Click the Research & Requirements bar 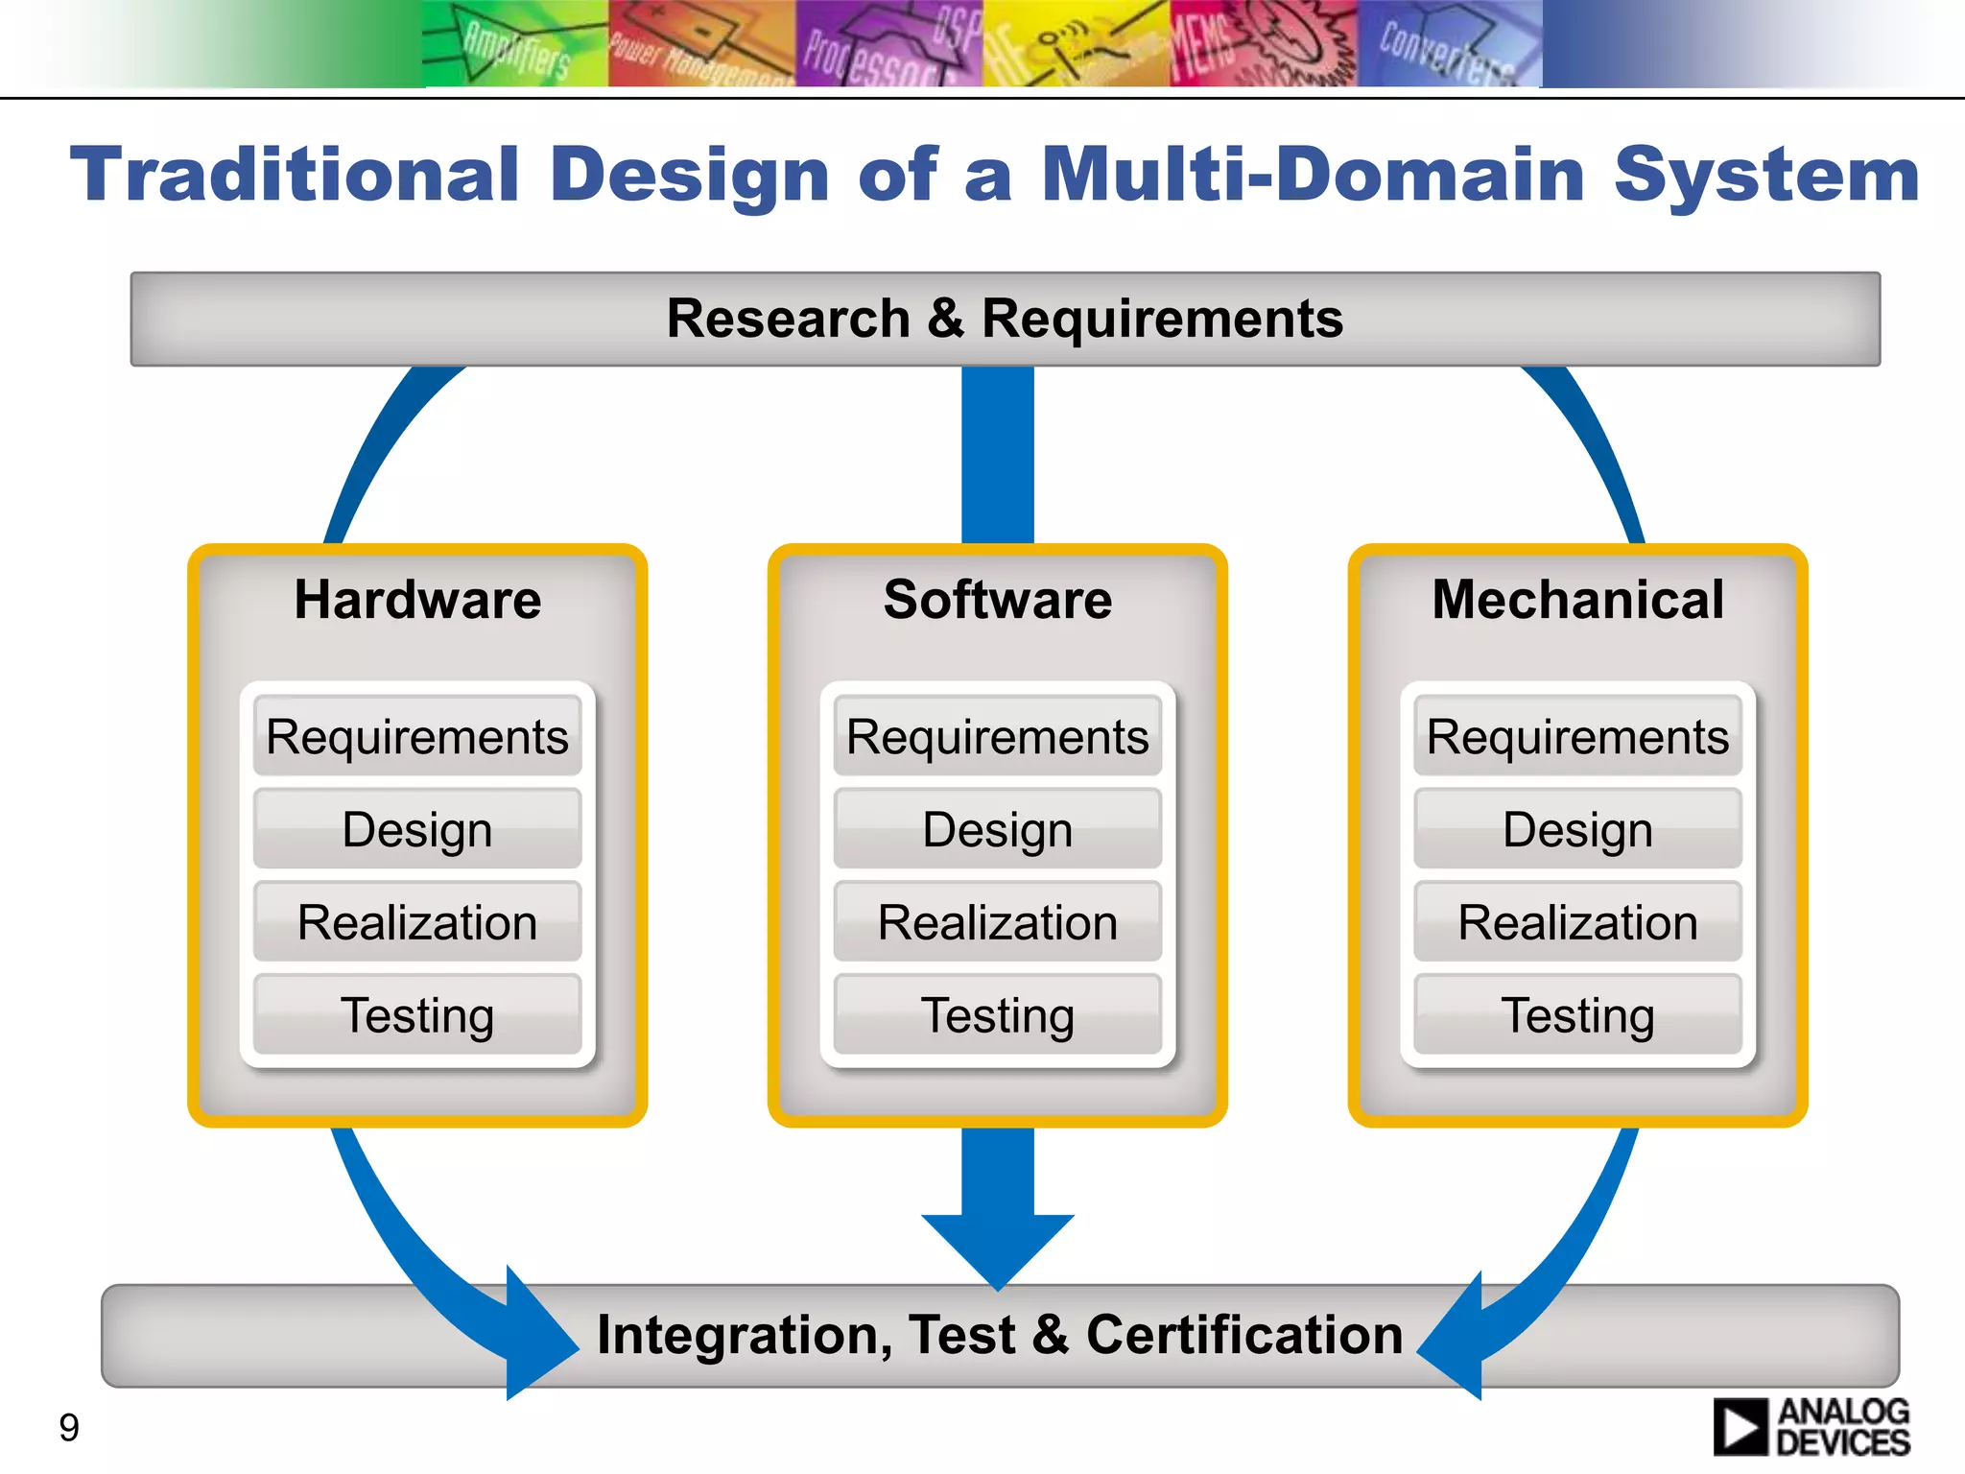[x=1005, y=319]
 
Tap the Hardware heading [x=417, y=600]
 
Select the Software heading [x=998, y=600]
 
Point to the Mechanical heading [x=1577, y=600]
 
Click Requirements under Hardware [x=417, y=736]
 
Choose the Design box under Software [x=998, y=829]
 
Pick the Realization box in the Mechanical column [x=1577, y=922]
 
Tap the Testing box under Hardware [x=417, y=1015]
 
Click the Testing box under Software [x=998, y=1015]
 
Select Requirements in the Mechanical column [x=1577, y=736]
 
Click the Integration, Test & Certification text [x=1000, y=1335]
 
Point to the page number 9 [x=69, y=1427]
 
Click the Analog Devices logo [x=1811, y=1427]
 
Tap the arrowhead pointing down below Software [x=998, y=1248]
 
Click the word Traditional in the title [x=295, y=175]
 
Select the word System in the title [x=1766, y=175]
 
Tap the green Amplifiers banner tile [x=515, y=44]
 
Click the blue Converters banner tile [x=1449, y=44]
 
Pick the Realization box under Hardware [x=417, y=922]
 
